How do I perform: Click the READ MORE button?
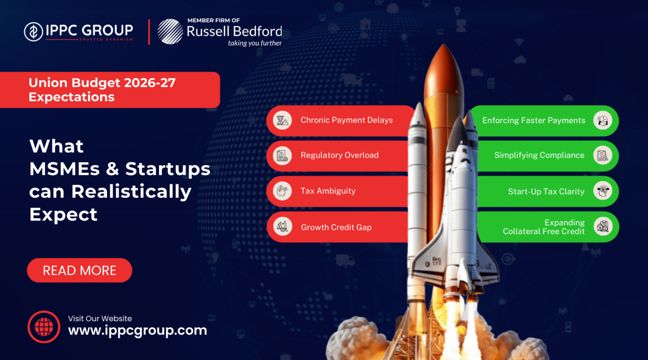[x=80, y=270]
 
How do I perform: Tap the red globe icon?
[x=43, y=326]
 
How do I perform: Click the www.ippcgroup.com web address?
[x=137, y=331]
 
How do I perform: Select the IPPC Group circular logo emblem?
[x=34, y=32]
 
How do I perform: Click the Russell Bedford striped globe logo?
[x=169, y=32]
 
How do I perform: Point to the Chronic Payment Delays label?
[x=347, y=120]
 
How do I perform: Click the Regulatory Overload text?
[x=340, y=155]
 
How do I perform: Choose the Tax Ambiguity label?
[x=328, y=191]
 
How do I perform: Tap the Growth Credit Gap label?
[x=336, y=227]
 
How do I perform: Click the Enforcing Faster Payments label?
[x=533, y=121]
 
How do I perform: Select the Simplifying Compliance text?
[x=539, y=156]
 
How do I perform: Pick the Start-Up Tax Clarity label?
[x=546, y=192]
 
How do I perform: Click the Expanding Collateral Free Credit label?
[x=544, y=227]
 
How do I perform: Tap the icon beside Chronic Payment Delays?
[x=283, y=120]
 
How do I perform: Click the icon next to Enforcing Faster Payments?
[x=603, y=120]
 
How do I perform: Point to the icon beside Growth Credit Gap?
[x=283, y=227]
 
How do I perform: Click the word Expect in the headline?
[x=63, y=214]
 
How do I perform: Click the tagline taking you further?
[x=255, y=43]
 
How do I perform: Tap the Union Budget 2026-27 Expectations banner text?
[x=102, y=90]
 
